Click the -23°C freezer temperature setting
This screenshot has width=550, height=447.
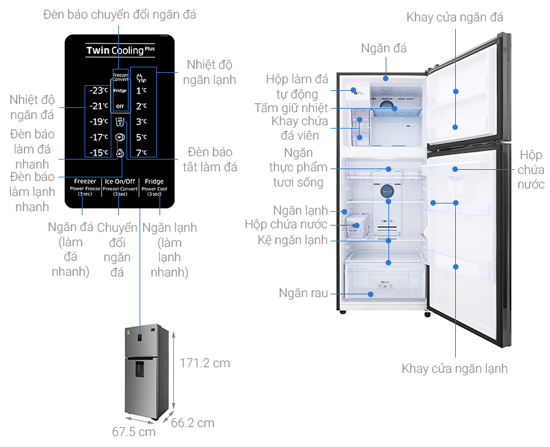[x=99, y=91]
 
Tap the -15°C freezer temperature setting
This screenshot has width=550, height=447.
[x=99, y=153]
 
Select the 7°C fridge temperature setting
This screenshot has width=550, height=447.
[x=141, y=153]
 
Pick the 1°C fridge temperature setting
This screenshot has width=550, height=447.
[x=141, y=91]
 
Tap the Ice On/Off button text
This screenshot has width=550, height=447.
[x=120, y=182]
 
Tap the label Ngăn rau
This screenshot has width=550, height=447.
[x=303, y=293]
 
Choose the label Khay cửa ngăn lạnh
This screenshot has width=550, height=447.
[x=455, y=369]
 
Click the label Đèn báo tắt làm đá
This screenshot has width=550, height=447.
[x=210, y=160]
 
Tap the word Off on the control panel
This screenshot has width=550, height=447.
[x=120, y=107]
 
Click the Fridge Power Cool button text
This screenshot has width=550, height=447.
[x=154, y=188]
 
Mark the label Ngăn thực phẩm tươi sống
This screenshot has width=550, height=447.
[x=297, y=167]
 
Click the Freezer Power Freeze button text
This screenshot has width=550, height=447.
[x=85, y=188]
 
